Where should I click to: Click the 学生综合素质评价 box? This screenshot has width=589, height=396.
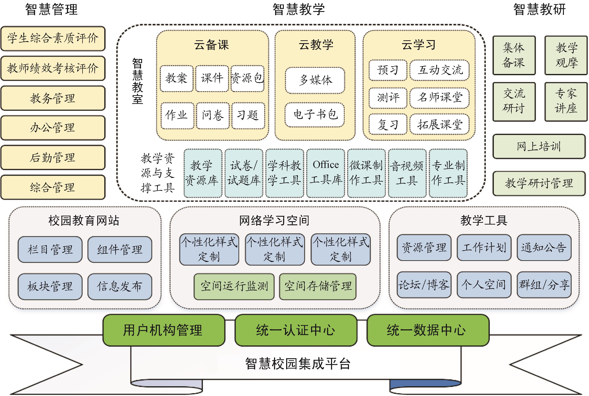coord(53,38)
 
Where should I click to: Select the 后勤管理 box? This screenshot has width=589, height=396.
coord(53,157)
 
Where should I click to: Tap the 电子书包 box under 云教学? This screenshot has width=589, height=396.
coord(315,115)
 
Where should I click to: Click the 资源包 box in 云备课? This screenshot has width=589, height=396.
coord(247,78)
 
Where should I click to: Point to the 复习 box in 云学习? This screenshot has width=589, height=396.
coord(388,124)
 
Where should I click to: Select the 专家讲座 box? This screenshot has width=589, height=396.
coord(566,102)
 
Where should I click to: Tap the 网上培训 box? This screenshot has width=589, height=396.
coord(539,146)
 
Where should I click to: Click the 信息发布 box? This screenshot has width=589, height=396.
coord(120,286)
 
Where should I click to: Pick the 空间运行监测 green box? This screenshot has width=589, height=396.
coord(234,286)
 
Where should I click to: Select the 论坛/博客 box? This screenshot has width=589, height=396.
coord(424,285)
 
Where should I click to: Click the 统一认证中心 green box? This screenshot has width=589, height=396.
coord(296,330)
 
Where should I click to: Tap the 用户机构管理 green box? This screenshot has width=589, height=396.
coord(163,330)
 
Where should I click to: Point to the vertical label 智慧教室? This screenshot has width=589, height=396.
coord(137,81)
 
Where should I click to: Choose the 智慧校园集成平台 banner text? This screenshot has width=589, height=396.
coord(298,364)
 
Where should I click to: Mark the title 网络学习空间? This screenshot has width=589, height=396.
coord(274,220)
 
